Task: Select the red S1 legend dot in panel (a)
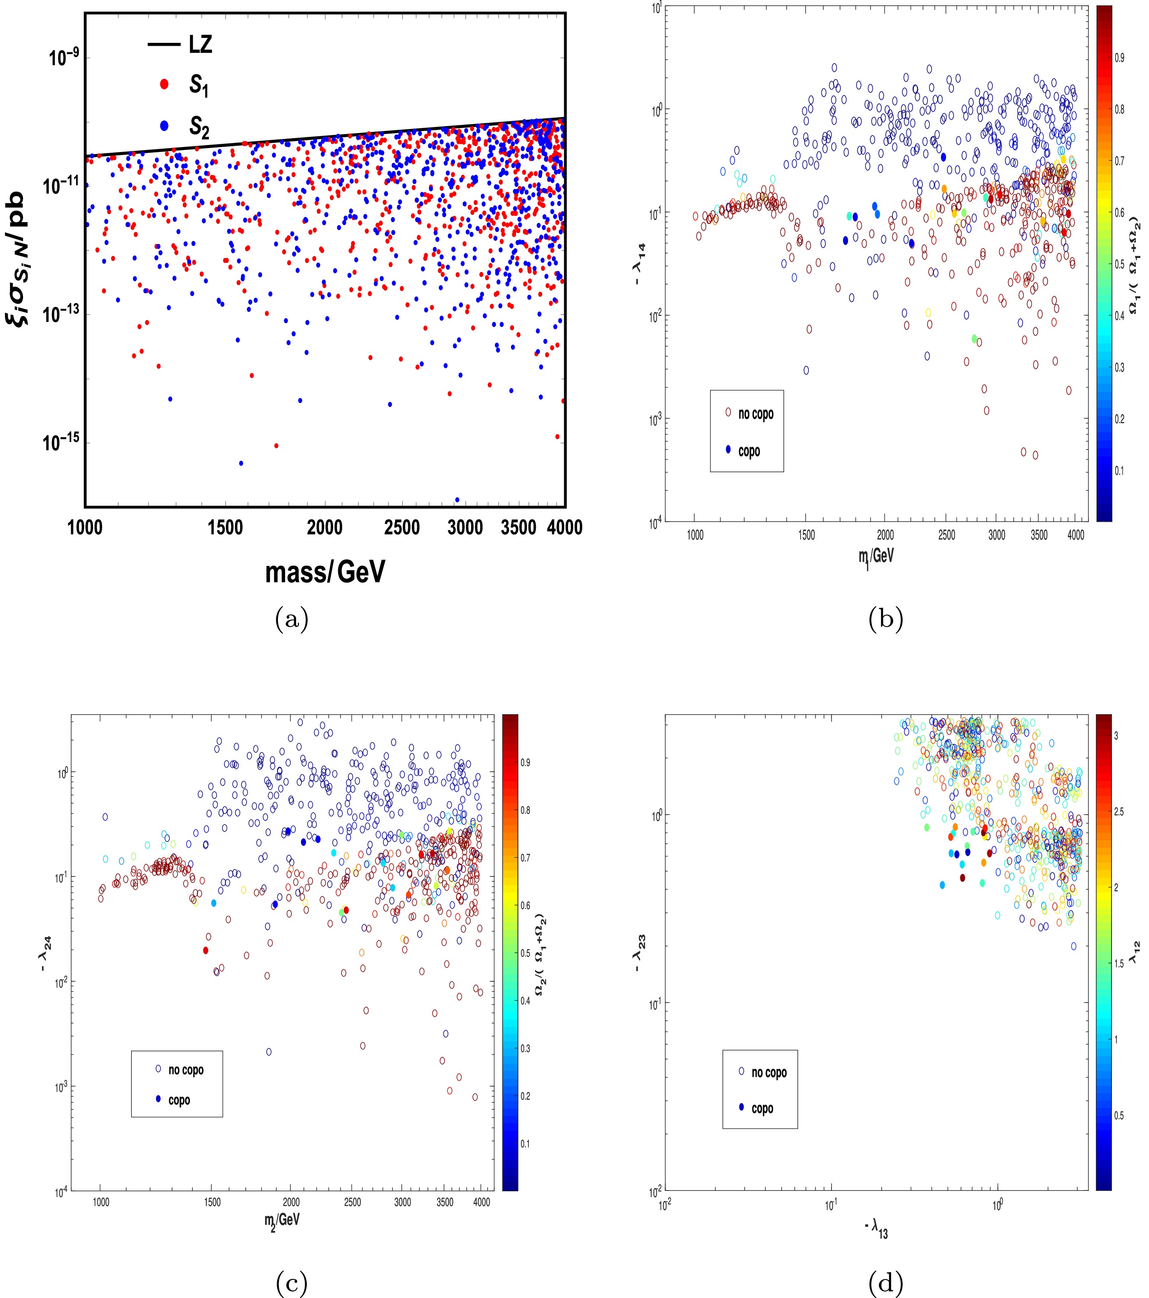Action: tap(164, 84)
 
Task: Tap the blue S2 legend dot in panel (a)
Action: tap(164, 126)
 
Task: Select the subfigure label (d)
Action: tap(885, 1284)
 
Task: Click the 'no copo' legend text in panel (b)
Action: tap(755, 414)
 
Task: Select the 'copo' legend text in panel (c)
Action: tap(179, 1100)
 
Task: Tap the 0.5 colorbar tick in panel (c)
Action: tap(525, 953)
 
